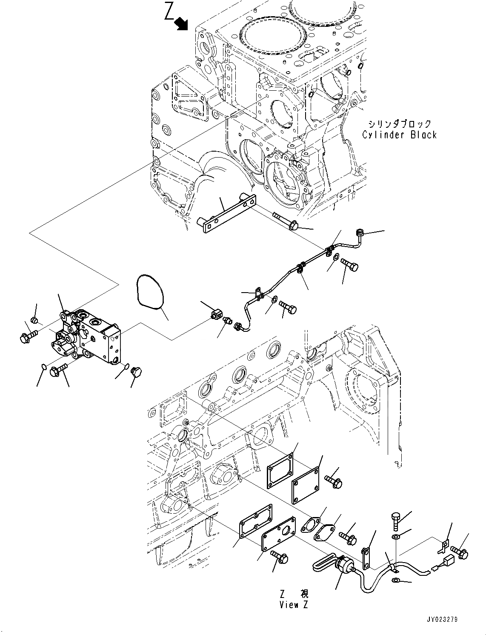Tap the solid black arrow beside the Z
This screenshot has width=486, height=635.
pos(183,24)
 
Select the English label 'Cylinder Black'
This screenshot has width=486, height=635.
pos(399,135)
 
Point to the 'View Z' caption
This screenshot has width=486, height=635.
pos(294,605)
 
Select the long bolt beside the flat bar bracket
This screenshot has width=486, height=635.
pos(283,221)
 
